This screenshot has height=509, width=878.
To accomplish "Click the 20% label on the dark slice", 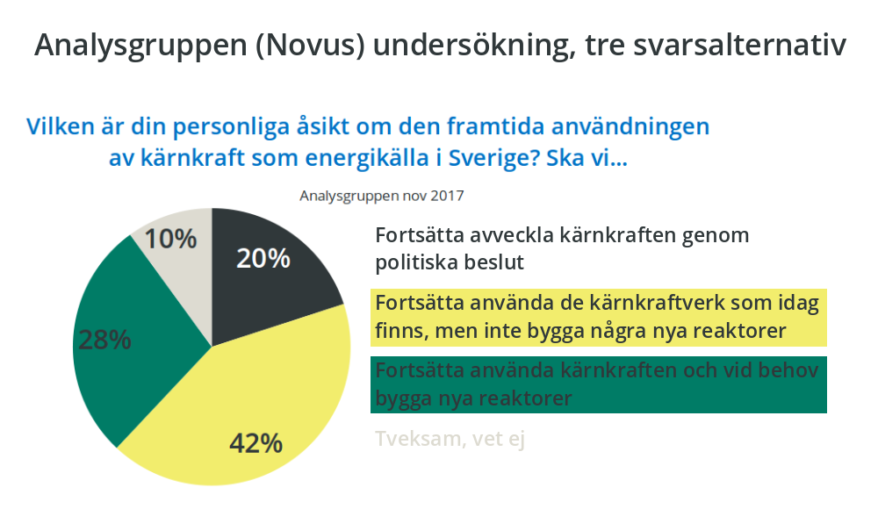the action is [263, 258].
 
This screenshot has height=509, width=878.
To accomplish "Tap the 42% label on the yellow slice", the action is [255, 443].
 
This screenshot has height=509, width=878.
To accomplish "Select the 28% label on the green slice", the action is [104, 340].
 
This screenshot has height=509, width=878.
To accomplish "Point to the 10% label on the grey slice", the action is [171, 239].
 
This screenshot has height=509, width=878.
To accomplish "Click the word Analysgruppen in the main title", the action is [140, 46].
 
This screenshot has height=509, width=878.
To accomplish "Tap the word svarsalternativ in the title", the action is [739, 45].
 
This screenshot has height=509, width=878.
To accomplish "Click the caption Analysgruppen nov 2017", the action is [381, 196].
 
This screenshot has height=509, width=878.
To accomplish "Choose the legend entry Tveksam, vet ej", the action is [450, 439].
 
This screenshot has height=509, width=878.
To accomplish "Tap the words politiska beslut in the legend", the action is [450, 262].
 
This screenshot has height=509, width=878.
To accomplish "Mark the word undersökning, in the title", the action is [474, 46].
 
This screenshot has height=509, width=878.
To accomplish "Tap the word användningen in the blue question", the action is [630, 127].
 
